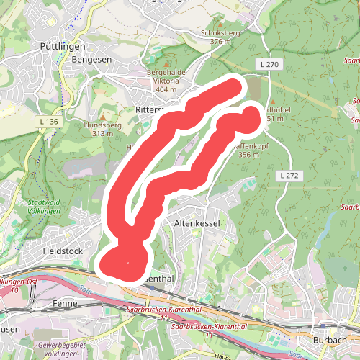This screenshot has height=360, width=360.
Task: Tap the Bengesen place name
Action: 91,60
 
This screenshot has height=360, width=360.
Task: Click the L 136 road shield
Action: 48,122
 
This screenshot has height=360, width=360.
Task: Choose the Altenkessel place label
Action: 197,224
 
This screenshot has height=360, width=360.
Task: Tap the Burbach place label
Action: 330,338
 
